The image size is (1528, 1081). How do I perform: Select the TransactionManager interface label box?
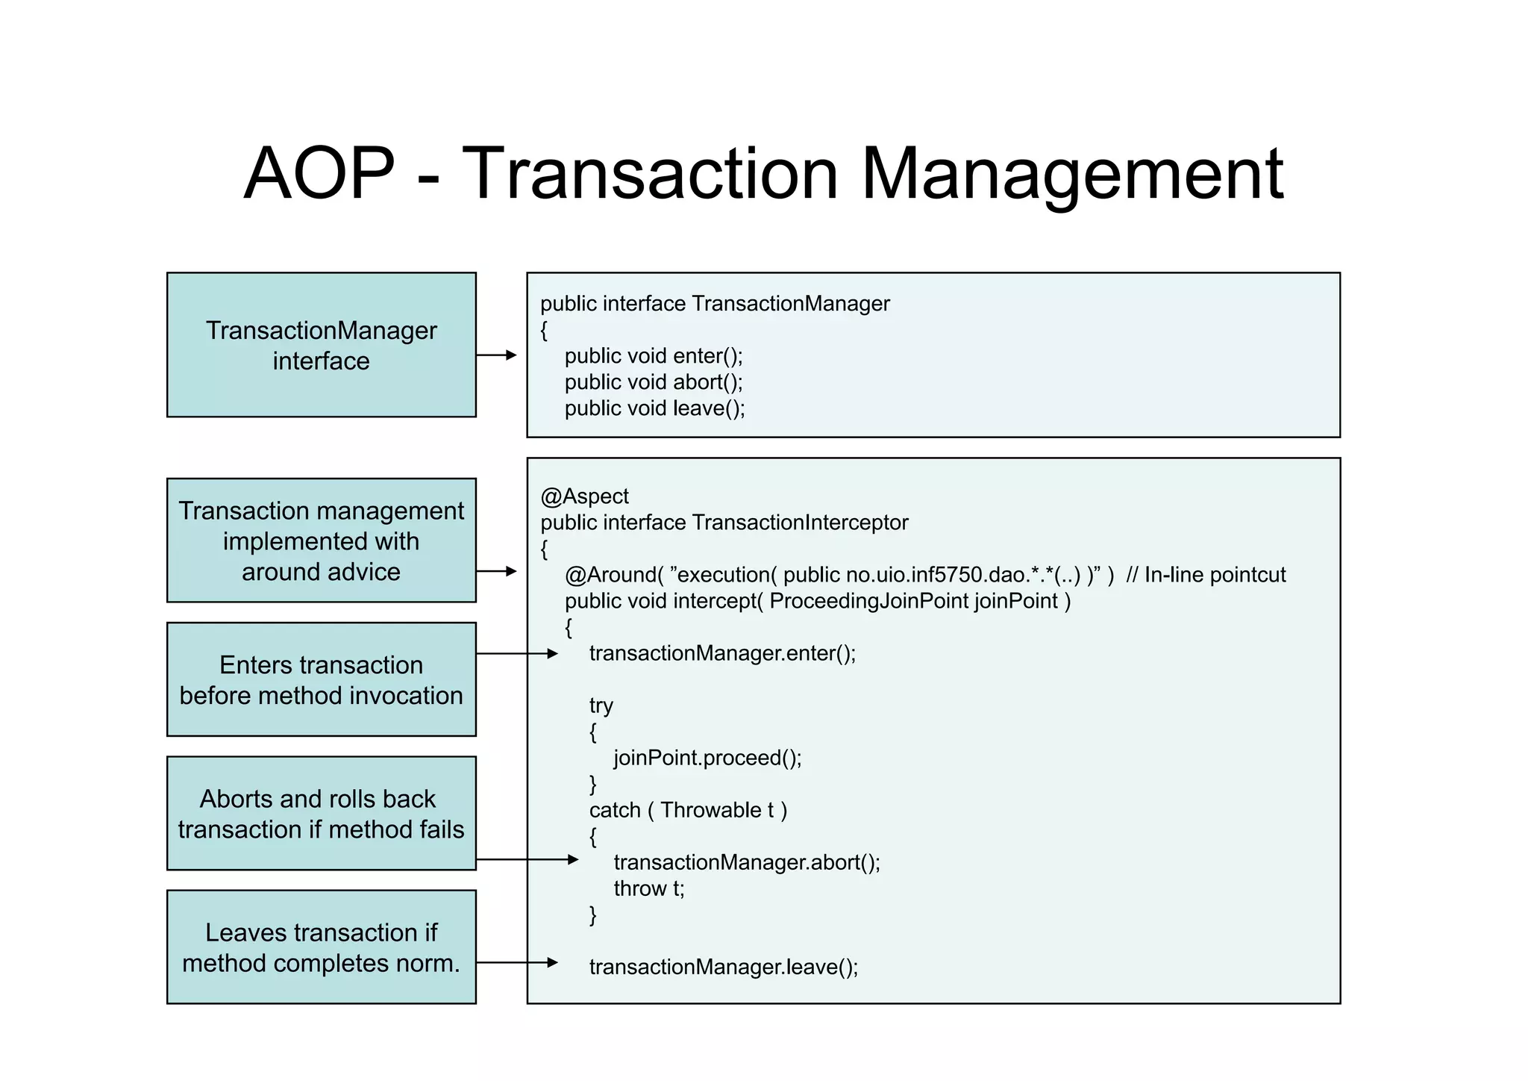click(321, 345)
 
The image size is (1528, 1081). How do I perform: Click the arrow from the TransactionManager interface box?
click(497, 355)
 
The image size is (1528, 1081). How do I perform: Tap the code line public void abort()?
click(654, 382)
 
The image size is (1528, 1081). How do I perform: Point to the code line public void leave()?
click(654, 408)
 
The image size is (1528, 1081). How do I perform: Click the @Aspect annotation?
click(584, 496)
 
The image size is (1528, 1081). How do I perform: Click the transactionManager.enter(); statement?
click(722, 653)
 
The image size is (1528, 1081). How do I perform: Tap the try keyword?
click(601, 705)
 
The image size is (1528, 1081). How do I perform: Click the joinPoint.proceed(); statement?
click(707, 758)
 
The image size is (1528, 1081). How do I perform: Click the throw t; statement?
click(648, 888)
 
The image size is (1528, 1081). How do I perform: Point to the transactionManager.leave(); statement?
click(723, 967)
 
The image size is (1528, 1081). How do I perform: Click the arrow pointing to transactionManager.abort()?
click(527, 860)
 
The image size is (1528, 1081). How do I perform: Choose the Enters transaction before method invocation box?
click(321, 679)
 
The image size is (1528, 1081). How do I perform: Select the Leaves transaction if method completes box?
click(321, 947)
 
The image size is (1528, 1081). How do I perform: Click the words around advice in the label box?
click(321, 572)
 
